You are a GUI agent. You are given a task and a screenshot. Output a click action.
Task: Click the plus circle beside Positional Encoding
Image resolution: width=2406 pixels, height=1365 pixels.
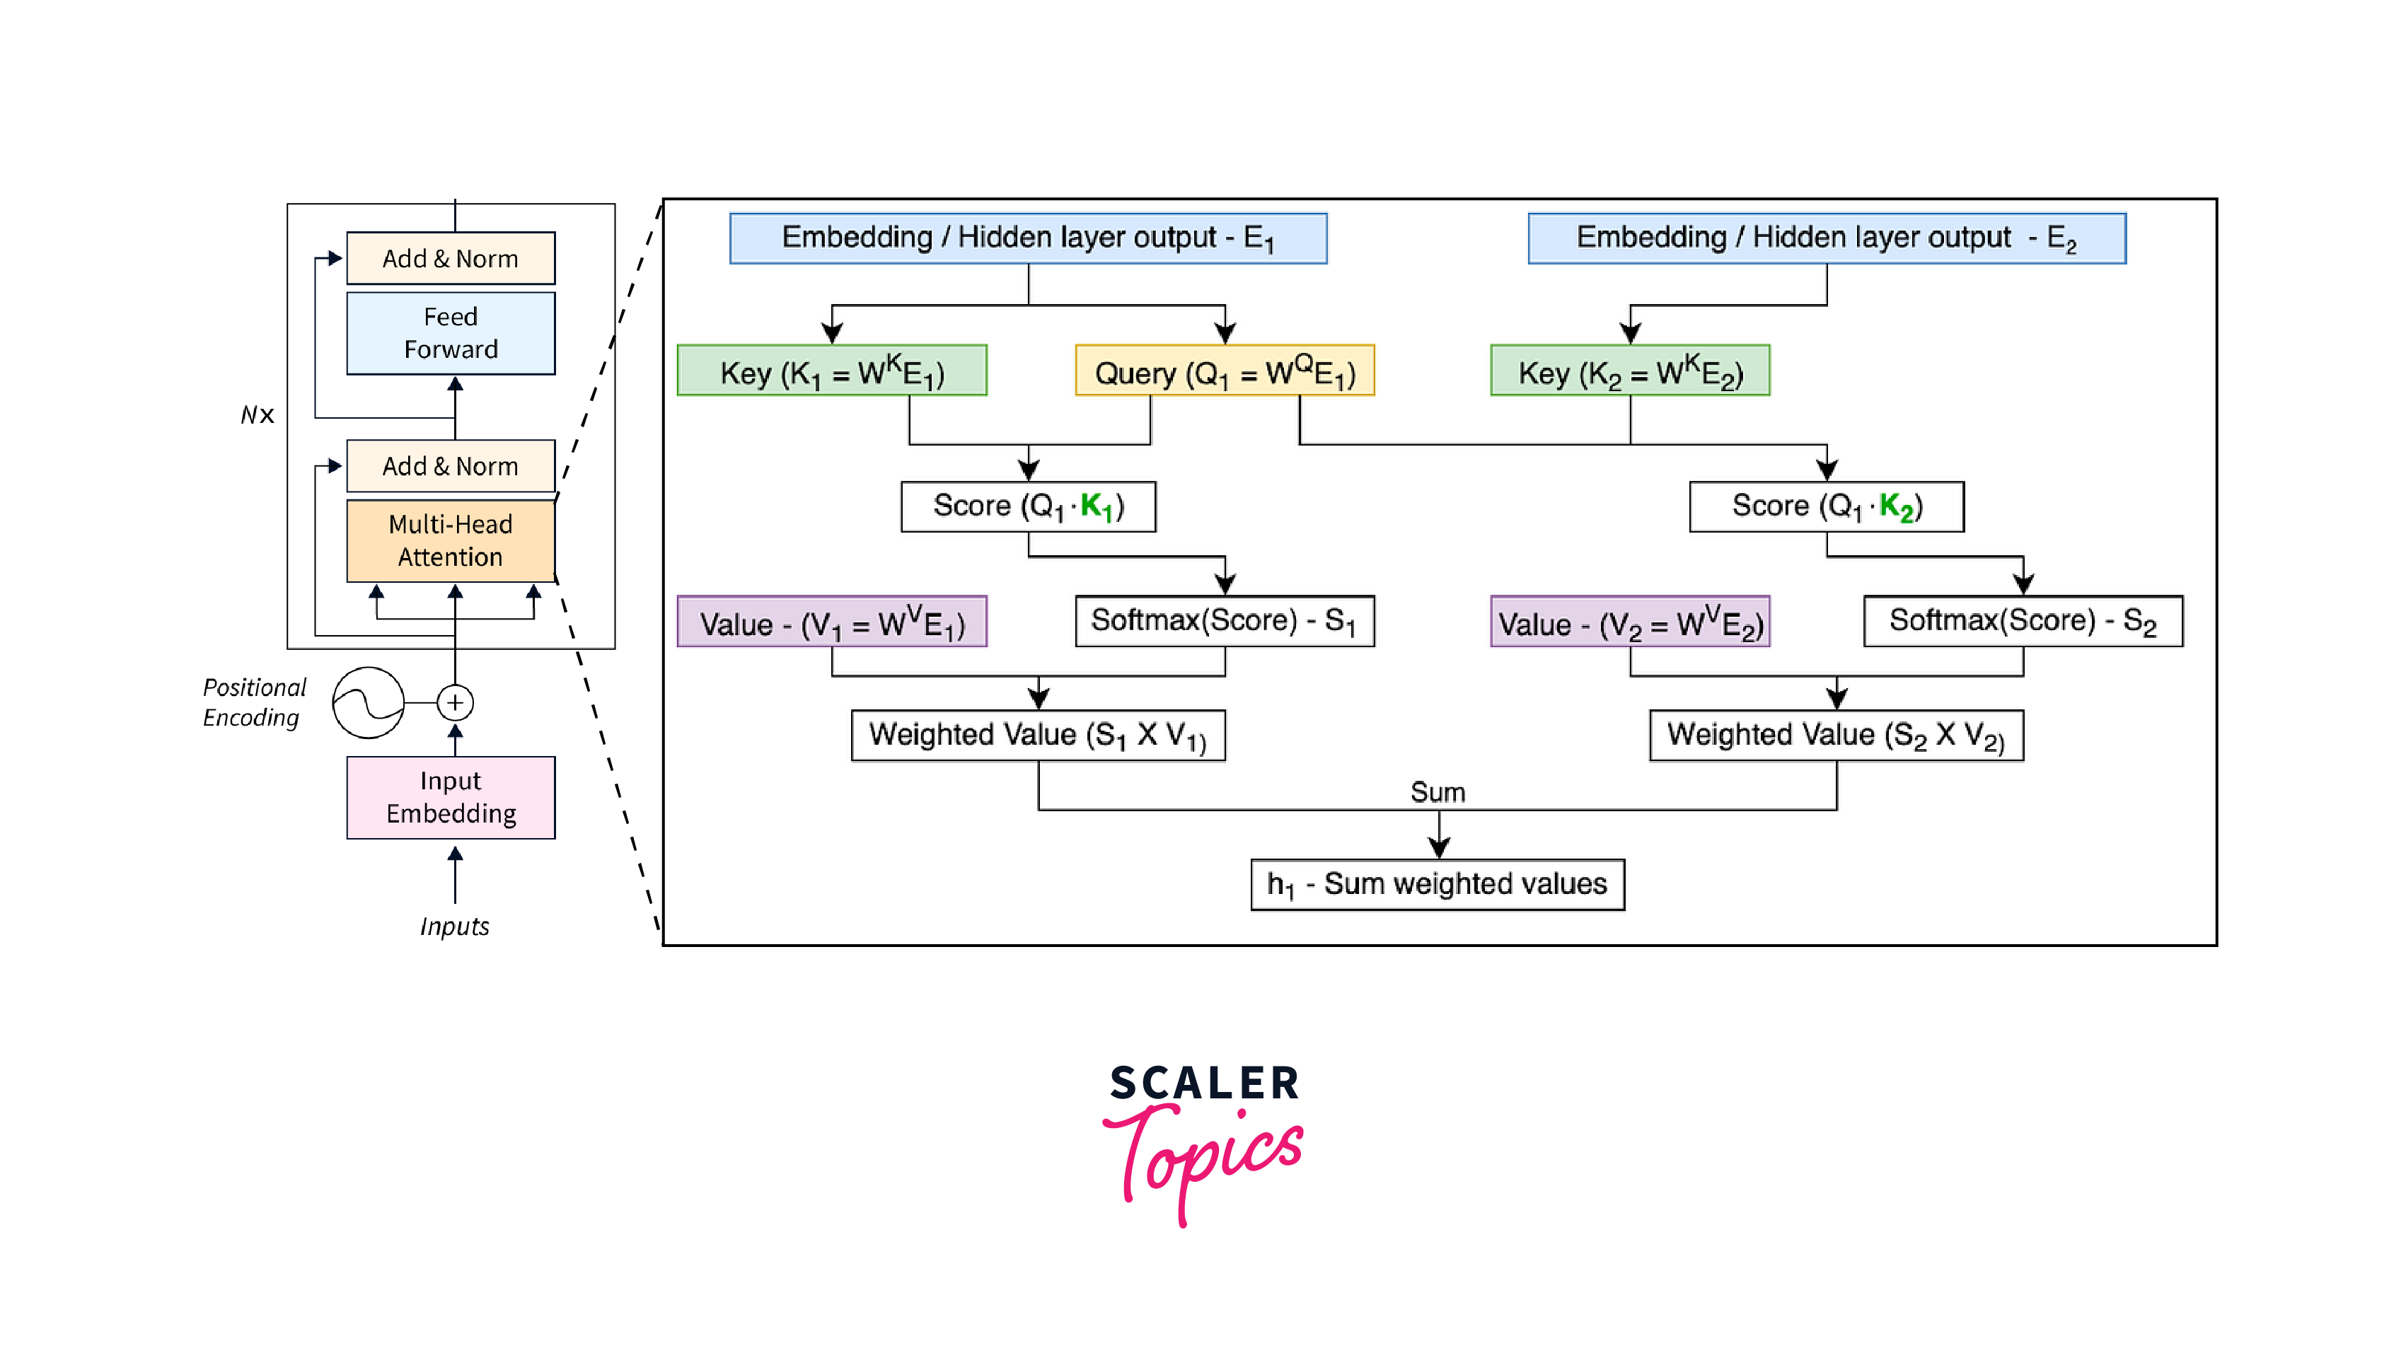tap(455, 702)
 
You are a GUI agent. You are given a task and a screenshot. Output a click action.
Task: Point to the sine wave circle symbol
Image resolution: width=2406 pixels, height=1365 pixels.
tap(369, 702)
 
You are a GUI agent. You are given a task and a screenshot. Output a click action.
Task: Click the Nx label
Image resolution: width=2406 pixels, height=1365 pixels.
tap(257, 414)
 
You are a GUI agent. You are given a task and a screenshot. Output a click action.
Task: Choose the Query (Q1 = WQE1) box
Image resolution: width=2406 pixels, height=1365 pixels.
tap(1225, 371)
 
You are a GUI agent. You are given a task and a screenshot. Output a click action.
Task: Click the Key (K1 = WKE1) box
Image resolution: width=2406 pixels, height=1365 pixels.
tap(832, 371)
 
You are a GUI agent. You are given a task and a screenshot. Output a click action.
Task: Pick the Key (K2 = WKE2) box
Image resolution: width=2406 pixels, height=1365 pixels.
tap(1630, 371)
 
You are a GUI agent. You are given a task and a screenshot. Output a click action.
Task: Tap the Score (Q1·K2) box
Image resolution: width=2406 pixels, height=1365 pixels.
tap(1826, 506)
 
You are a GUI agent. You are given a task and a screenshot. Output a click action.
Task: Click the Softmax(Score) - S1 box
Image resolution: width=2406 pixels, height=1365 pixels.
tap(1225, 621)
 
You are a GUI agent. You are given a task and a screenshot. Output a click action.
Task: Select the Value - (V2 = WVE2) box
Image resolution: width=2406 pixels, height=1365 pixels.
tap(1630, 622)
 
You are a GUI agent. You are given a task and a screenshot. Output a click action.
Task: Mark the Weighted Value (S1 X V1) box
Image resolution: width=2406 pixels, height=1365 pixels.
tap(1037, 735)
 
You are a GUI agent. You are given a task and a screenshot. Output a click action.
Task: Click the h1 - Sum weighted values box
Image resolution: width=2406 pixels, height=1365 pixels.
tap(1438, 884)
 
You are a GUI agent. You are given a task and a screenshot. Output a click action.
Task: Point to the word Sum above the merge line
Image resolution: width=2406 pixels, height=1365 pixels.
tap(1438, 792)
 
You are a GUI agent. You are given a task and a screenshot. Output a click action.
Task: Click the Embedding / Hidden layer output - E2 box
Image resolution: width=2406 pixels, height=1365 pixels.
tap(1826, 238)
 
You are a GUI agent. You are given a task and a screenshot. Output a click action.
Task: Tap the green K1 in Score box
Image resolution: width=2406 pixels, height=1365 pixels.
tap(1095, 507)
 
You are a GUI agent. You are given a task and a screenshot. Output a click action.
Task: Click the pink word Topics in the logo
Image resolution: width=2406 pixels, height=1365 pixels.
tap(1205, 1158)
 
